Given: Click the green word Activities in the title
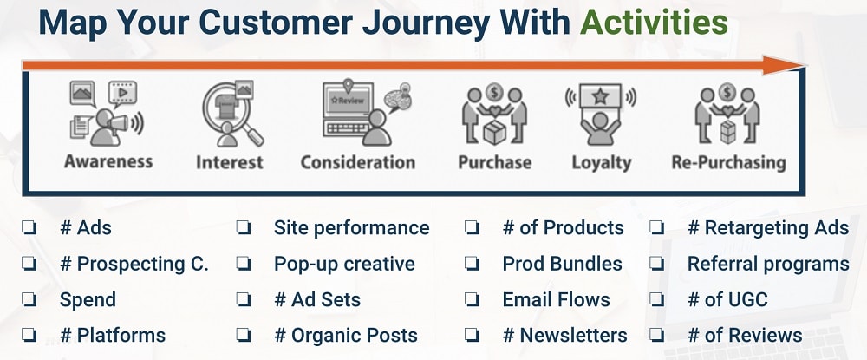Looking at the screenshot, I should pos(653,23).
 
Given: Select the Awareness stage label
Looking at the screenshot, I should pos(108,161).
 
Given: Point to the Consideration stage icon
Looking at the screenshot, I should pos(358,113).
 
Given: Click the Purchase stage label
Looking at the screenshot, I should pos(494,162).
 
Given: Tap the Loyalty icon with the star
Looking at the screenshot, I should pos(600,113).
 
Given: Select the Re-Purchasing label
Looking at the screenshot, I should pos(728,162).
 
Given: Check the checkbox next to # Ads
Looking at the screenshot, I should pos(29,228).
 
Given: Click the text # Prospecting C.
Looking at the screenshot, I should pos(134,264).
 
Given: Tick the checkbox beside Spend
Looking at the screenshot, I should pos(29,300).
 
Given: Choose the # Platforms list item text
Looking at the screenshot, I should pos(112,335).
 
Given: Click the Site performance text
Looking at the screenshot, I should pos(351,228).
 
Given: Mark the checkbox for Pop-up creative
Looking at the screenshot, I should pos(244,264).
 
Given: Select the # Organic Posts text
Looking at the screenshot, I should pos(345,335).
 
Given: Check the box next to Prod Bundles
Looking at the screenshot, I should pos(473,264).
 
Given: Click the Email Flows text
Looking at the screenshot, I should pos(556,300).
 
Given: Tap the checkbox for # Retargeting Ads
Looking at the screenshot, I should pos(657,228).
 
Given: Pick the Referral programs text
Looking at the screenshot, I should pos(768,264).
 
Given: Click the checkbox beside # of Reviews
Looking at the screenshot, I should pos(657,335).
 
